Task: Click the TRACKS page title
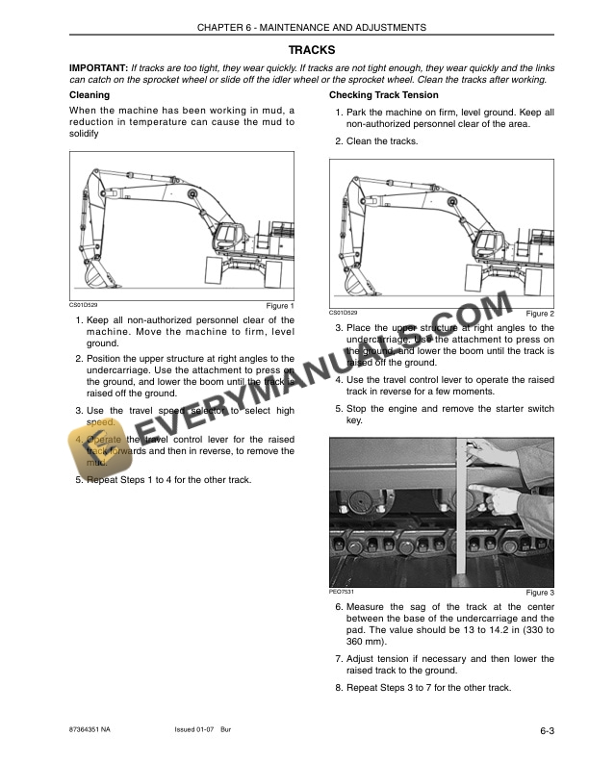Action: pyautogui.click(x=312, y=49)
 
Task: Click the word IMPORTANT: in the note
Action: pyautogui.click(x=99, y=69)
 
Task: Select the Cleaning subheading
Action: pyautogui.click(x=90, y=95)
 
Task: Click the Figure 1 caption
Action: pyautogui.click(x=280, y=306)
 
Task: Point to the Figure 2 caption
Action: pyautogui.click(x=540, y=314)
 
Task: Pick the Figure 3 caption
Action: pyautogui.click(x=540, y=592)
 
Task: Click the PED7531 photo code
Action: pyautogui.click(x=343, y=591)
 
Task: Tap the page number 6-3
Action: pyautogui.click(x=547, y=732)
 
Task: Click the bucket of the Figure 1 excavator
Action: pyautogui.click(x=100, y=276)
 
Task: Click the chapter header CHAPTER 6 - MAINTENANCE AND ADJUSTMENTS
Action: pyautogui.click(x=312, y=28)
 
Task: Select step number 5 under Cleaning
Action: pyautogui.click(x=79, y=479)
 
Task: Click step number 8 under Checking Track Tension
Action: pyautogui.click(x=339, y=688)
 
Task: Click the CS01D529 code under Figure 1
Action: pyautogui.click(x=83, y=305)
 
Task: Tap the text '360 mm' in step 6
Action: pyautogui.click(x=368, y=641)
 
